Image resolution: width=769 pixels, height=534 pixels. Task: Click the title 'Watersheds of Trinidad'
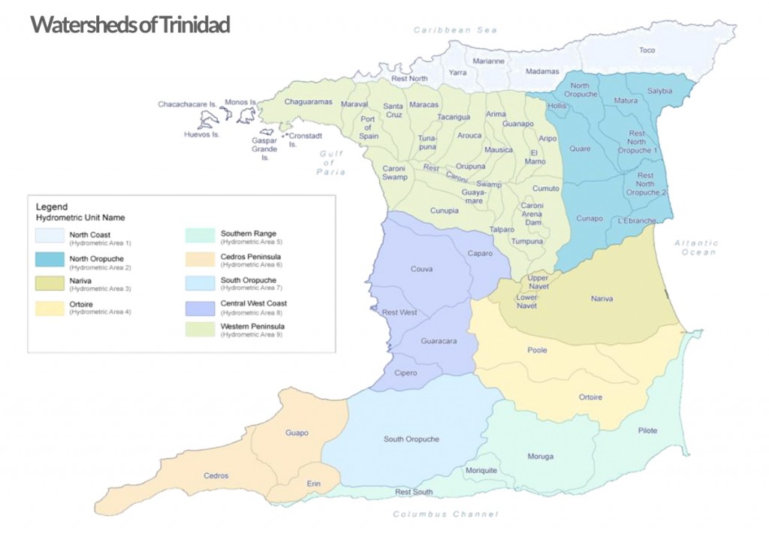click(129, 24)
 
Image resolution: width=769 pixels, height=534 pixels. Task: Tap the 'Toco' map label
click(647, 50)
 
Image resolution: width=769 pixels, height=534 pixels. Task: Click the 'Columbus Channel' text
click(445, 514)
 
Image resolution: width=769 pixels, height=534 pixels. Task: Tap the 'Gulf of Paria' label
click(330, 162)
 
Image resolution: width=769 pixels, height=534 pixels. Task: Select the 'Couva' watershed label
click(421, 268)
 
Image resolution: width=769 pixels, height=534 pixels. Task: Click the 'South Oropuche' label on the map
click(411, 439)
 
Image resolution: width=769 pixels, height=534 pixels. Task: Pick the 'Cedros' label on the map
click(216, 475)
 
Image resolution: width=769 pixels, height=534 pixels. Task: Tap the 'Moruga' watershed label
click(540, 457)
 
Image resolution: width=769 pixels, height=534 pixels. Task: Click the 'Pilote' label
click(647, 430)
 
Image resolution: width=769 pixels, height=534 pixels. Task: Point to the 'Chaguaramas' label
click(308, 101)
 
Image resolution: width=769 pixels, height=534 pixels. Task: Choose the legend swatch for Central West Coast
click(200, 307)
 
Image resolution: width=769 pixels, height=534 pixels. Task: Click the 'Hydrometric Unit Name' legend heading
click(80, 217)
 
